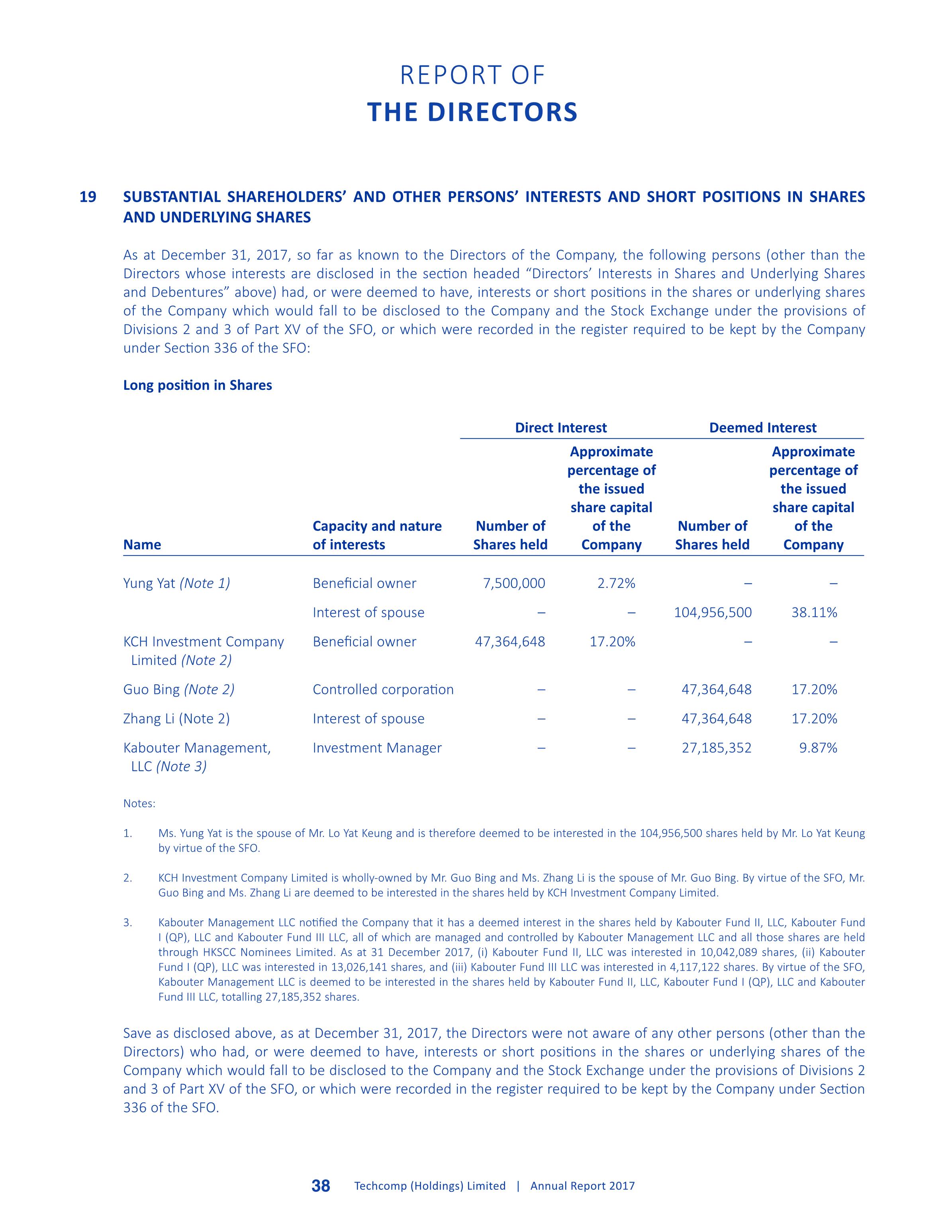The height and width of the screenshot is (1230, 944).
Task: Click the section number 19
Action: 88,197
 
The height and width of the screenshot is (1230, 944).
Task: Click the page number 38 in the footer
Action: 321,1186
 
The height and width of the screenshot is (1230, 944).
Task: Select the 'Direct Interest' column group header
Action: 561,428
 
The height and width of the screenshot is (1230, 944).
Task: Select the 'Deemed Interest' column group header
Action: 762,428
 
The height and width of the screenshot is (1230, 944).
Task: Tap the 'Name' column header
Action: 142,545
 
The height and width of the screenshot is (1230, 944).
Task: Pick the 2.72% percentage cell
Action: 617,584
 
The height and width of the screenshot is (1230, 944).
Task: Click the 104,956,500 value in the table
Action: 713,613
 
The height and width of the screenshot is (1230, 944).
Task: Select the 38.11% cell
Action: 814,613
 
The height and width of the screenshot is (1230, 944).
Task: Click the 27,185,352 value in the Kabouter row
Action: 717,748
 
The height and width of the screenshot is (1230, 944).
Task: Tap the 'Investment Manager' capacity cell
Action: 377,748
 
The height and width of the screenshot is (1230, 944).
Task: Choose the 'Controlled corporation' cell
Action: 383,690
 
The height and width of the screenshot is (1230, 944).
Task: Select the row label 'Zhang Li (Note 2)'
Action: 176,719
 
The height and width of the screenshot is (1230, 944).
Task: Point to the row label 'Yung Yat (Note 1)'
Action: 176,584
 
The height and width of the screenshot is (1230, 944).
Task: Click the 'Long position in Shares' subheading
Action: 197,386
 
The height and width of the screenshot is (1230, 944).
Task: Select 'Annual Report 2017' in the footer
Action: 583,1186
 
